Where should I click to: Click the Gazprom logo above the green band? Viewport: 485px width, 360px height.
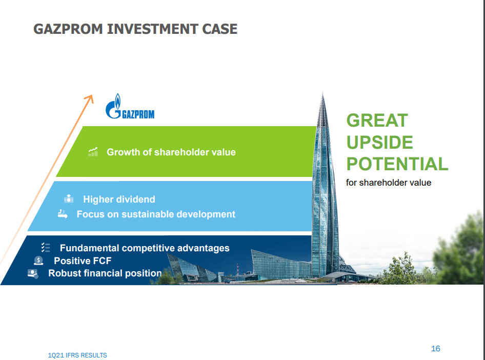coord(130,106)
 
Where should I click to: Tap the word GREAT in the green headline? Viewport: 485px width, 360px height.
coord(377,121)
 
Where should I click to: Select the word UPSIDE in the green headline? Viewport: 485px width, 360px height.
coord(379,142)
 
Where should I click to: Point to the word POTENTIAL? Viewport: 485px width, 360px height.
coord(397,164)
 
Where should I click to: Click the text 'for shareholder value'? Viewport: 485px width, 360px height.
coord(389,183)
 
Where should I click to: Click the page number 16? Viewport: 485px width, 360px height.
coord(435,349)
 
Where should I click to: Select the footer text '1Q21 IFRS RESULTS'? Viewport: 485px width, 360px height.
coord(77,355)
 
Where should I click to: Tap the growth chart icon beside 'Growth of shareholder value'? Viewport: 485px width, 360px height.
coord(93,152)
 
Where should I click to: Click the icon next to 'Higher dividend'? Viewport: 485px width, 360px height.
coord(69,198)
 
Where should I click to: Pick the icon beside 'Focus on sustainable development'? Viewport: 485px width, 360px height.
coord(63,214)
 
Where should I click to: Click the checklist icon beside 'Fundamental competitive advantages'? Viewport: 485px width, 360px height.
coord(46,247)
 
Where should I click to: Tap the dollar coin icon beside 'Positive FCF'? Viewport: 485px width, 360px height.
coord(38,261)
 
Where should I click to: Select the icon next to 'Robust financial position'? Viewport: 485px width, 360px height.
coord(33,273)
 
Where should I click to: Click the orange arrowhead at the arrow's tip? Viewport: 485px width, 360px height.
coord(90,98)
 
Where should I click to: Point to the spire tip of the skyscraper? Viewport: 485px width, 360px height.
coord(322,92)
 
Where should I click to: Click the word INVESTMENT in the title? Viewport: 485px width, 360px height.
coord(152,29)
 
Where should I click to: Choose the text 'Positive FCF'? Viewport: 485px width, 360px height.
coord(83,261)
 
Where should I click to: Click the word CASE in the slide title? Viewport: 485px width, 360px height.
coord(219,29)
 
